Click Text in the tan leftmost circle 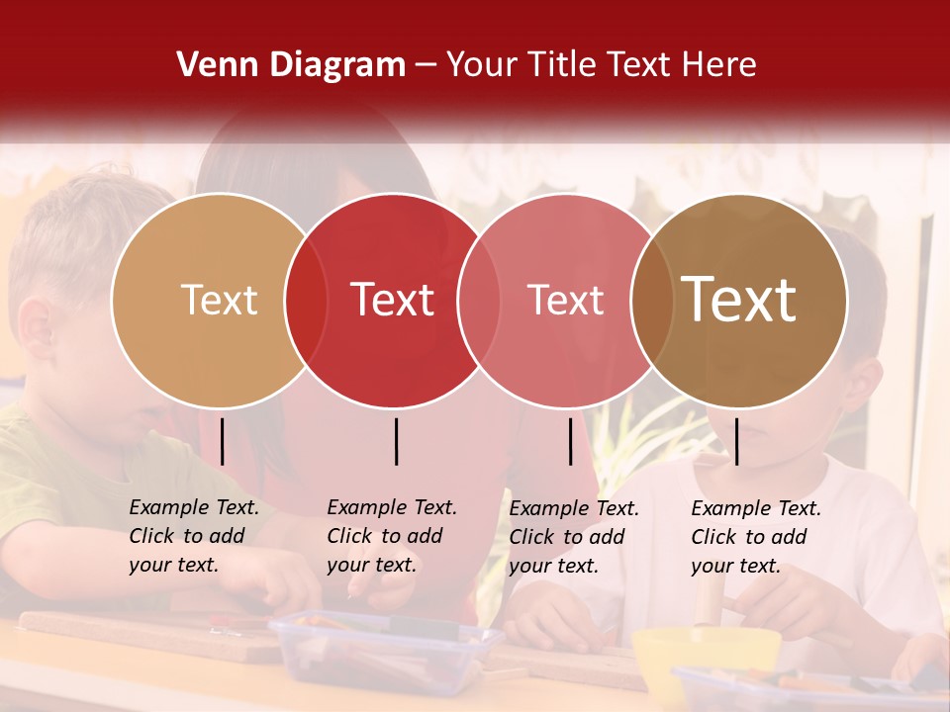tap(219, 300)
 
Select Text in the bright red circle tap(392, 300)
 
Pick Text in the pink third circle tap(565, 300)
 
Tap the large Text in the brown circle tap(739, 300)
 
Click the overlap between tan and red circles tap(306, 301)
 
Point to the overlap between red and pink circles tap(479, 301)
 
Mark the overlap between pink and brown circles tap(652, 301)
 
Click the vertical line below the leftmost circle tap(223, 441)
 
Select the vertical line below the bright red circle tap(396, 441)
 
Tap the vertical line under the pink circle tap(570, 441)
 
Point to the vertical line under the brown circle tap(736, 441)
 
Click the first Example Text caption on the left tap(194, 536)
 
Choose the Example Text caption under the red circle tap(392, 536)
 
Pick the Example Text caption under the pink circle tap(574, 537)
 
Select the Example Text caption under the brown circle tap(756, 537)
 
